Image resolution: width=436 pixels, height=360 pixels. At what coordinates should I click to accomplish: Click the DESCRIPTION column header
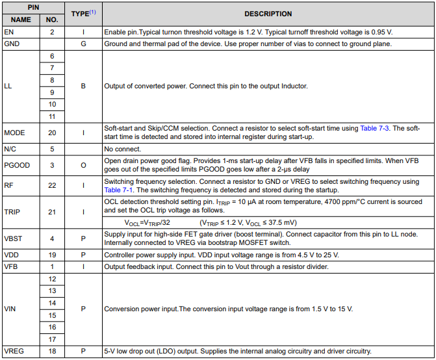(268, 14)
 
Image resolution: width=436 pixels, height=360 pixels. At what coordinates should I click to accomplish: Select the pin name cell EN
(8, 31)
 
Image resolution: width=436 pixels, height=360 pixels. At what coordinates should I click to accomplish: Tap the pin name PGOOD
(16, 165)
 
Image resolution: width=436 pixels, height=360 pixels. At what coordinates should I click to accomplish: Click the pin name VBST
(14, 238)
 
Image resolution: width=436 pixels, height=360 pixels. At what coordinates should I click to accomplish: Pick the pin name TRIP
(12, 212)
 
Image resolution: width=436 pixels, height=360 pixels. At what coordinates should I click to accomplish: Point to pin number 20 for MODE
(52, 132)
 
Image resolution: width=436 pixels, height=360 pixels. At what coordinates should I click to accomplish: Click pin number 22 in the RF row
(52, 185)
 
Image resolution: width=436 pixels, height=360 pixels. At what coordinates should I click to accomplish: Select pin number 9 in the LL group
(52, 92)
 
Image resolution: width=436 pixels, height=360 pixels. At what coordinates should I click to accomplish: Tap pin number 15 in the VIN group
(52, 315)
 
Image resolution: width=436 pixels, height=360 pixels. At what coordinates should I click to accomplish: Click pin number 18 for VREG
(52, 352)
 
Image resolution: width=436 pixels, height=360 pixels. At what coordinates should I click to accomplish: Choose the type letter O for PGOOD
(83, 165)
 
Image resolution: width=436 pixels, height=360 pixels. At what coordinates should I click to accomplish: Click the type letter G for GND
(83, 44)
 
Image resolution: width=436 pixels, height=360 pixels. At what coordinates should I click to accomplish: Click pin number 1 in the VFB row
(52, 266)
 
